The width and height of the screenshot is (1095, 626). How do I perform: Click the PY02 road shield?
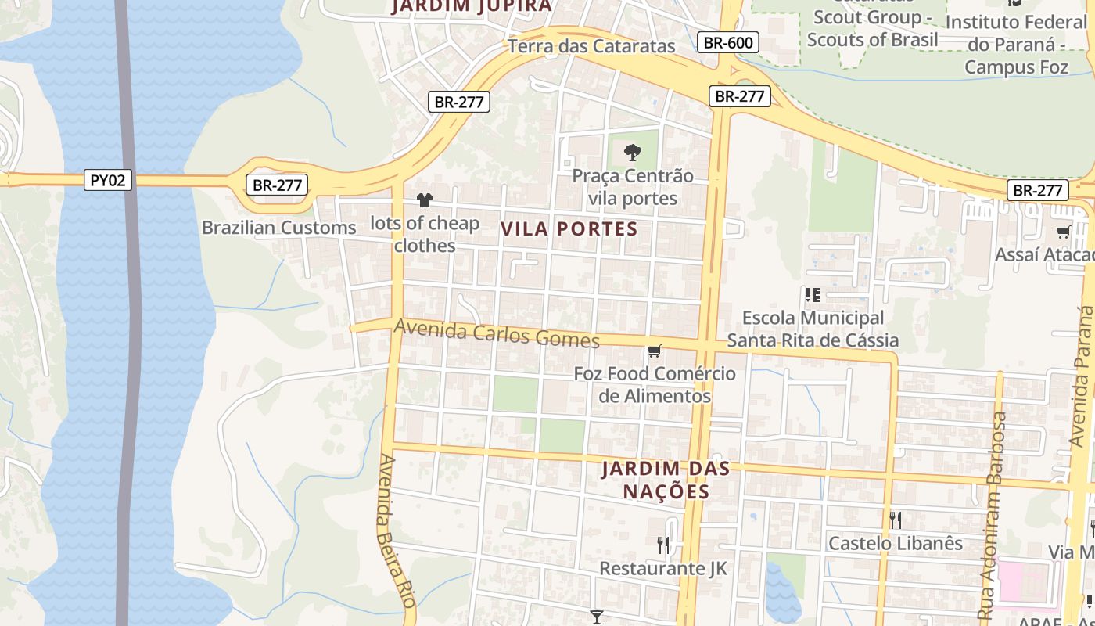[x=108, y=180]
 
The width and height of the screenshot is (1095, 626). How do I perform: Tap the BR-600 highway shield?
[x=728, y=42]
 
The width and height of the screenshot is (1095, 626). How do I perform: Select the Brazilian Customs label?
[x=278, y=228]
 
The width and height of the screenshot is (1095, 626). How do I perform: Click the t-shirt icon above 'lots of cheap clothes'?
[x=424, y=201]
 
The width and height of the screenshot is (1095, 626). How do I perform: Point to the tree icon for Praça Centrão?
[x=633, y=152]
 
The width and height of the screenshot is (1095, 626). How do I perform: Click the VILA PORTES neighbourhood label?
[x=569, y=229]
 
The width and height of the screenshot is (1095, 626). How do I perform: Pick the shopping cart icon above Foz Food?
[x=654, y=351]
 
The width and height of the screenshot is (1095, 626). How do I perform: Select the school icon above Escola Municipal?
[x=812, y=295]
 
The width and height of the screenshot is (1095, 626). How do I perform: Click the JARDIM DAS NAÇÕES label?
[x=666, y=480]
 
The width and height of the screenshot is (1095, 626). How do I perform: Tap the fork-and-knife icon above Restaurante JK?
[x=663, y=545]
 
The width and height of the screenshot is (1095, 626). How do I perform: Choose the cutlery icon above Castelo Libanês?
[x=896, y=520]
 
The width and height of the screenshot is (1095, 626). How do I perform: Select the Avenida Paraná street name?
[x=1082, y=376]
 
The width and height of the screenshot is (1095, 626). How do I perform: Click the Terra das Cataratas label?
[x=591, y=46]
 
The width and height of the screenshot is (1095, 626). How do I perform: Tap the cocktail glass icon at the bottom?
[x=597, y=617]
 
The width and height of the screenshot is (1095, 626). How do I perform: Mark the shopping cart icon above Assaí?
[x=1063, y=232]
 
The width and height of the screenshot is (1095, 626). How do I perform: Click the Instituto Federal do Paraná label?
[x=1016, y=44]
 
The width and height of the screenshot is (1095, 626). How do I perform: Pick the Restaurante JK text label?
[x=663, y=568]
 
